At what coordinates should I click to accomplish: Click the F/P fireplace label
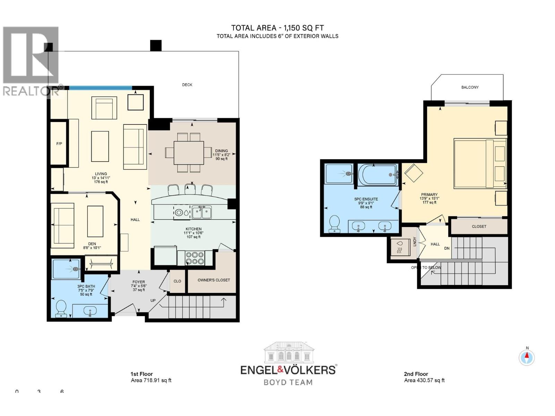click(59, 144)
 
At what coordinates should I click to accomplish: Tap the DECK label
click(187, 85)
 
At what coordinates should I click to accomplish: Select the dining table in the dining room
click(189, 153)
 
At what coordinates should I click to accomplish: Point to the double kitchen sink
click(202, 212)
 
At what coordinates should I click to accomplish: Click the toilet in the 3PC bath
click(61, 308)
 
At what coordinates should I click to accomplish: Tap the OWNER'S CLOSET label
click(214, 280)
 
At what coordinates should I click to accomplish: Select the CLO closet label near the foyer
click(177, 281)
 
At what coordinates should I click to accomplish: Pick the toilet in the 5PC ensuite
click(334, 224)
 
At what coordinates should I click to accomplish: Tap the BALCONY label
click(470, 87)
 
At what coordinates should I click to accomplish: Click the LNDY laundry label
click(415, 242)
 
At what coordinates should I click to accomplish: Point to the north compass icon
click(527, 357)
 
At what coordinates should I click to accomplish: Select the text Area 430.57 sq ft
click(424, 380)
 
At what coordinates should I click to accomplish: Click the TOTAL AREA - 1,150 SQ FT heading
click(277, 28)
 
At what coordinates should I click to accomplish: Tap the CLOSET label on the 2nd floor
click(479, 226)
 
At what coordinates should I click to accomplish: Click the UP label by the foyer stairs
click(153, 301)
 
